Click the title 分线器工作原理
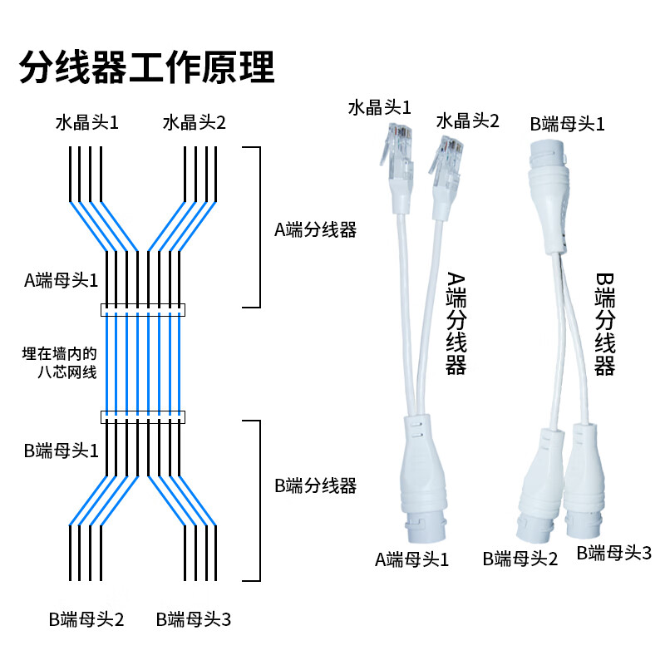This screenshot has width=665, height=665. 146,66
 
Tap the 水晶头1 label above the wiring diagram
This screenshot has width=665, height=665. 87,123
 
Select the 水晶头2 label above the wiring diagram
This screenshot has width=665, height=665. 195,123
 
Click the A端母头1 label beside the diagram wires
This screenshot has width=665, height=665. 61,280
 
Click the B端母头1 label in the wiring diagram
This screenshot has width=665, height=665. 61,451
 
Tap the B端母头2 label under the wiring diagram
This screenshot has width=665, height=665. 86,619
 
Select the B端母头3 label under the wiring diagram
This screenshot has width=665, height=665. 194,619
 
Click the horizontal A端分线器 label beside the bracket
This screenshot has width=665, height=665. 315,230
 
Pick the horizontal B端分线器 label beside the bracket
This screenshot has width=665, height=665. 315,485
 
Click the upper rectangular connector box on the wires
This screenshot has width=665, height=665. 143,310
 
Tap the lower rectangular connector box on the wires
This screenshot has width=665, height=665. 143,416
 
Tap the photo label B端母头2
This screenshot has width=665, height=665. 520,559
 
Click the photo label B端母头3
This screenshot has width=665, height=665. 614,553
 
